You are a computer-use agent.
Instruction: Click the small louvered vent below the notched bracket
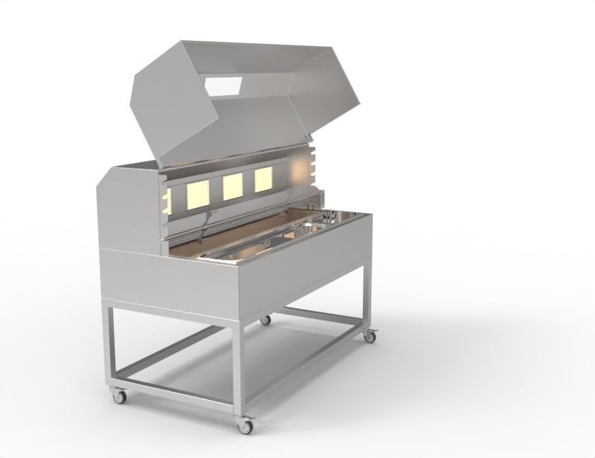[321, 197]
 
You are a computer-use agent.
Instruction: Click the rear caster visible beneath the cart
[265, 320]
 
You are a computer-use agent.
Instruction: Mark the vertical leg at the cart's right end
[367, 297]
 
